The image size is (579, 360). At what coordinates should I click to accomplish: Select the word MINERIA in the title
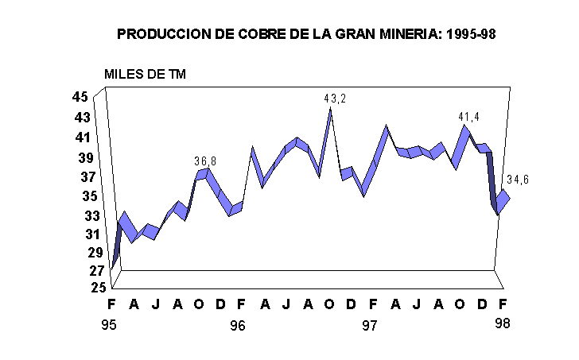[410, 35]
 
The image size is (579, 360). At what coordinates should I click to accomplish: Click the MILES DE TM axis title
[145, 74]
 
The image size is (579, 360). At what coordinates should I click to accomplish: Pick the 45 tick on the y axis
[80, 97]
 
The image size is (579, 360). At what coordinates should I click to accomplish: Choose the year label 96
[236, 325]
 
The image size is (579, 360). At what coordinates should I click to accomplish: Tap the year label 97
[369, 325]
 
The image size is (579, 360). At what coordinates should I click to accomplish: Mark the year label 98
[501, 323]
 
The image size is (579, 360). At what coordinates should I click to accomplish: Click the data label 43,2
[335, 99]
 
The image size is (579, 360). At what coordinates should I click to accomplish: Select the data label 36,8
[205, 161]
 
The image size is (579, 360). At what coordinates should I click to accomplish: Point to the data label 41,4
[468, 117]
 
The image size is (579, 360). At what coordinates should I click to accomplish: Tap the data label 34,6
[517, 180]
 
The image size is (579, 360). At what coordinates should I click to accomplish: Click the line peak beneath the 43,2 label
[330, 109]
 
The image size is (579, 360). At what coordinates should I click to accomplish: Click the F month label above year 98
[502, 304]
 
